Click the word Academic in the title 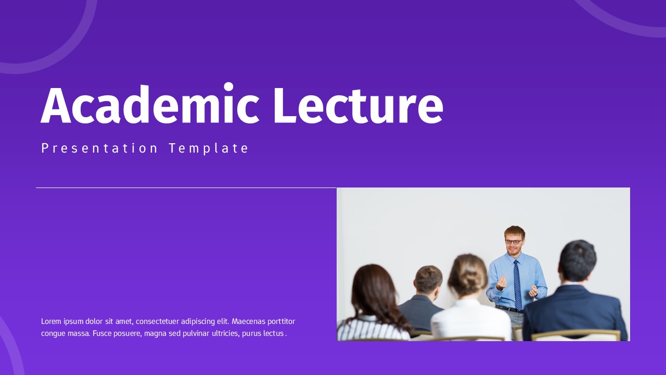click(150, 106)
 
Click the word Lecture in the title click(357, 106)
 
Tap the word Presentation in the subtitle click(99, 148)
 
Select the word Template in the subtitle click(209, 148)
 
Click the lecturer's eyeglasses click(514, 242)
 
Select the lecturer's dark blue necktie click(517, 284)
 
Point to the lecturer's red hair click(514, 231)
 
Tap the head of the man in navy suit click(578, 260)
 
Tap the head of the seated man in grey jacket click(428, 279)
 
